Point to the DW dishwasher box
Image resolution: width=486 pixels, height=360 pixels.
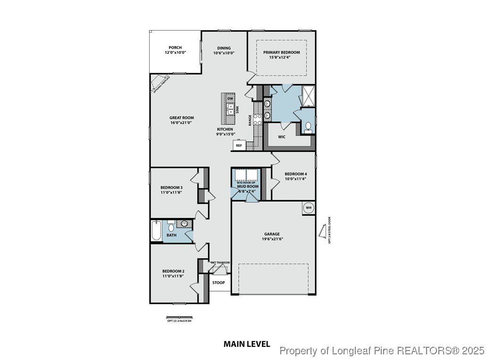230,99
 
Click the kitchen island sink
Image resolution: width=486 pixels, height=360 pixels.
230,109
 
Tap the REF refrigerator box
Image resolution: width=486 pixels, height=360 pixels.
239,146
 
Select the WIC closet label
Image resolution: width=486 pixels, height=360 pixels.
282,137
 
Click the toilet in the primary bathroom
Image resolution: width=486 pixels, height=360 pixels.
308,126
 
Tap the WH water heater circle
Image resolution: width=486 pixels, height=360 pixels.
309,208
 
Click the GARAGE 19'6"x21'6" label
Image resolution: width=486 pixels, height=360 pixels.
272,236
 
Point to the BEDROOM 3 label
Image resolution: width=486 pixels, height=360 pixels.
171,190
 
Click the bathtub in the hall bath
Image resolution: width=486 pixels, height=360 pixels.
156,231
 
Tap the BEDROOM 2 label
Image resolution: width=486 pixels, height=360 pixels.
173,273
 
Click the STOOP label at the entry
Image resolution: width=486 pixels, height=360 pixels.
218,283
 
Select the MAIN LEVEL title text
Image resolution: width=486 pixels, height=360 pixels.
246,344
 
